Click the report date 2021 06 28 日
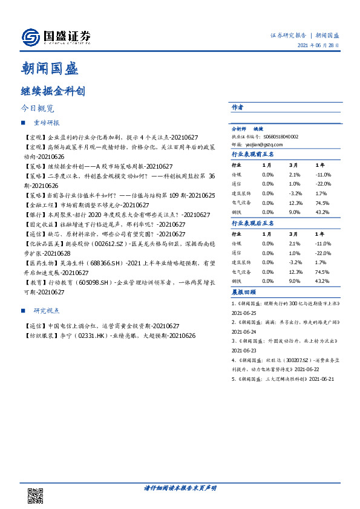pyautogui.click(x=318, y=45)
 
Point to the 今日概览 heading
pyautogui.click(x=38, y=109)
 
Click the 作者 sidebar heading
pyautogui.click(x=237, y=107)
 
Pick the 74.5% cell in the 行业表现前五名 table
pyautogui.click(x=322, y=204)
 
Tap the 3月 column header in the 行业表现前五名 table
pyautogui.click(x=293, y=164)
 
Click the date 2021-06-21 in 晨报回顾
pyautogui.click(x=321, y=378)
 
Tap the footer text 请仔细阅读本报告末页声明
pyautogui.click(x=180, y=488)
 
